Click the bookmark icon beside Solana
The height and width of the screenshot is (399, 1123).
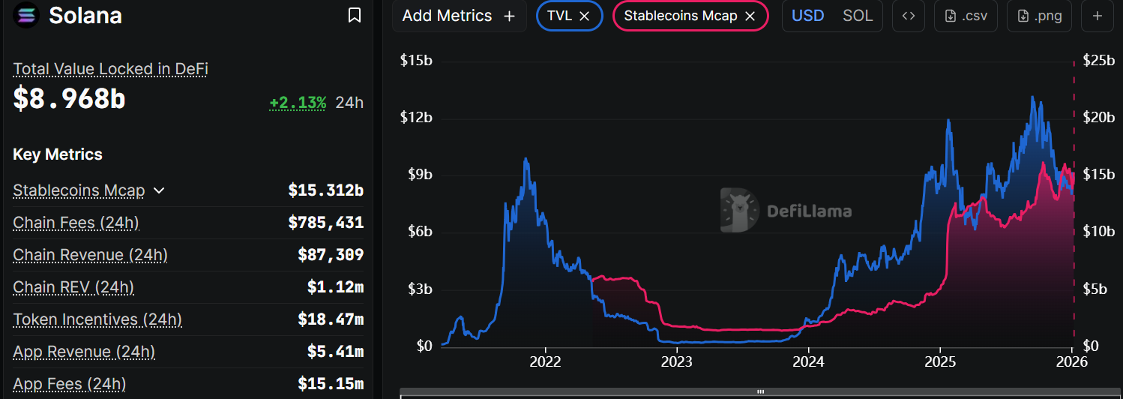(355, 15)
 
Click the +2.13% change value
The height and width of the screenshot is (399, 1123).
(298, 103)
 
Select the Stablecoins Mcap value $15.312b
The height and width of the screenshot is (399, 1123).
(325, 190)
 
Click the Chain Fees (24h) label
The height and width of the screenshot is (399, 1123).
(76, 223)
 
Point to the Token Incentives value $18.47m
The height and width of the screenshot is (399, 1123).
(330, 319)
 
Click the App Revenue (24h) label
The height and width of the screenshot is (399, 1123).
(84, 352)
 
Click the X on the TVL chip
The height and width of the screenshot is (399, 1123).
(585, 16)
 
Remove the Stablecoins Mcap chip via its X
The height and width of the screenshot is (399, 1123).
(750, 16)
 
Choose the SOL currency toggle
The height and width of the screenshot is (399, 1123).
(858, 16)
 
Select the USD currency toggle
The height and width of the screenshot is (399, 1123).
(808, 16)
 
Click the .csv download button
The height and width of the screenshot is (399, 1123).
(966, 16)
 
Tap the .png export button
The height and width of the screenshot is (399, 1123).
(1039, 16)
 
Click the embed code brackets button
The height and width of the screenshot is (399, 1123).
(908, 16)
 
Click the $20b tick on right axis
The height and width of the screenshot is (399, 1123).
(1099, 118)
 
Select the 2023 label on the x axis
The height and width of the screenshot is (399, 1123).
(676, 361)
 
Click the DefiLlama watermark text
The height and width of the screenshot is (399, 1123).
(809, 211)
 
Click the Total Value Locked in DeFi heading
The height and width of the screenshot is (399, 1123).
(110, 69)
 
